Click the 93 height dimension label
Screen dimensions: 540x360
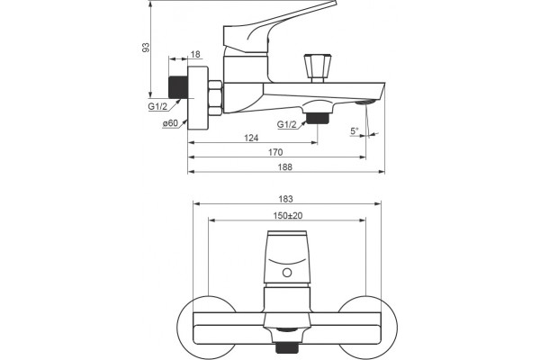(147, 48)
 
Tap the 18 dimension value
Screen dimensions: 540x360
(195, 54)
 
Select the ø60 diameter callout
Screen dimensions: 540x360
(170, 123)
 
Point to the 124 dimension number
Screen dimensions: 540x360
(251, 138)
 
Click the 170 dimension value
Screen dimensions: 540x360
(275, 152)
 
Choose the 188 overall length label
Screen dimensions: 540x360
(284, 167)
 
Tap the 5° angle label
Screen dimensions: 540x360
(355, 130)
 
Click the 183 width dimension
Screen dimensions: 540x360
(285, 199)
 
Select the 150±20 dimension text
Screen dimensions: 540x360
(288, 216)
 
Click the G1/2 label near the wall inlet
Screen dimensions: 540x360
(157, 106)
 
